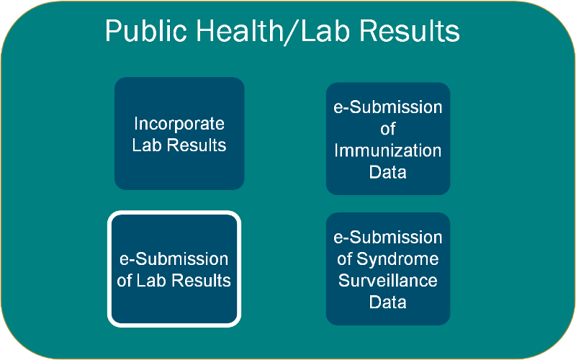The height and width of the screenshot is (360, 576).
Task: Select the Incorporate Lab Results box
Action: pos(179,133)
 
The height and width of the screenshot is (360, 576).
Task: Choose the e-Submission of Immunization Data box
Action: pos(388,138)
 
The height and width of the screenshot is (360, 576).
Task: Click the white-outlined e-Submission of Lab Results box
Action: pos(174,269)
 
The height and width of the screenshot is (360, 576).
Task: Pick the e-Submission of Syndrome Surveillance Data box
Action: pos(388,269)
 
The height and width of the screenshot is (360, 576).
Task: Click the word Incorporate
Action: pos(179,124)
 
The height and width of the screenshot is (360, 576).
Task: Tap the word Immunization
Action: pos(388,150)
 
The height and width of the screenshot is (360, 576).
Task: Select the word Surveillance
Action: pos(388,280)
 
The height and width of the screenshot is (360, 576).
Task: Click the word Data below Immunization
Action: pos(388,172)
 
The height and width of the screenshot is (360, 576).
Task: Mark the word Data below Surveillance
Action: pos(388,302)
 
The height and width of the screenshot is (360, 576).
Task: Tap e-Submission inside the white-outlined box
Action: pos(174,258)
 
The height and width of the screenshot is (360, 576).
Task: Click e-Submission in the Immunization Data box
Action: pos(388,107)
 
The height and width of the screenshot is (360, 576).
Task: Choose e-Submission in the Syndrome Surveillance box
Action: pos(388,237)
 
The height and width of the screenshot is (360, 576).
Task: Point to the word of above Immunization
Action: pos(388,129)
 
